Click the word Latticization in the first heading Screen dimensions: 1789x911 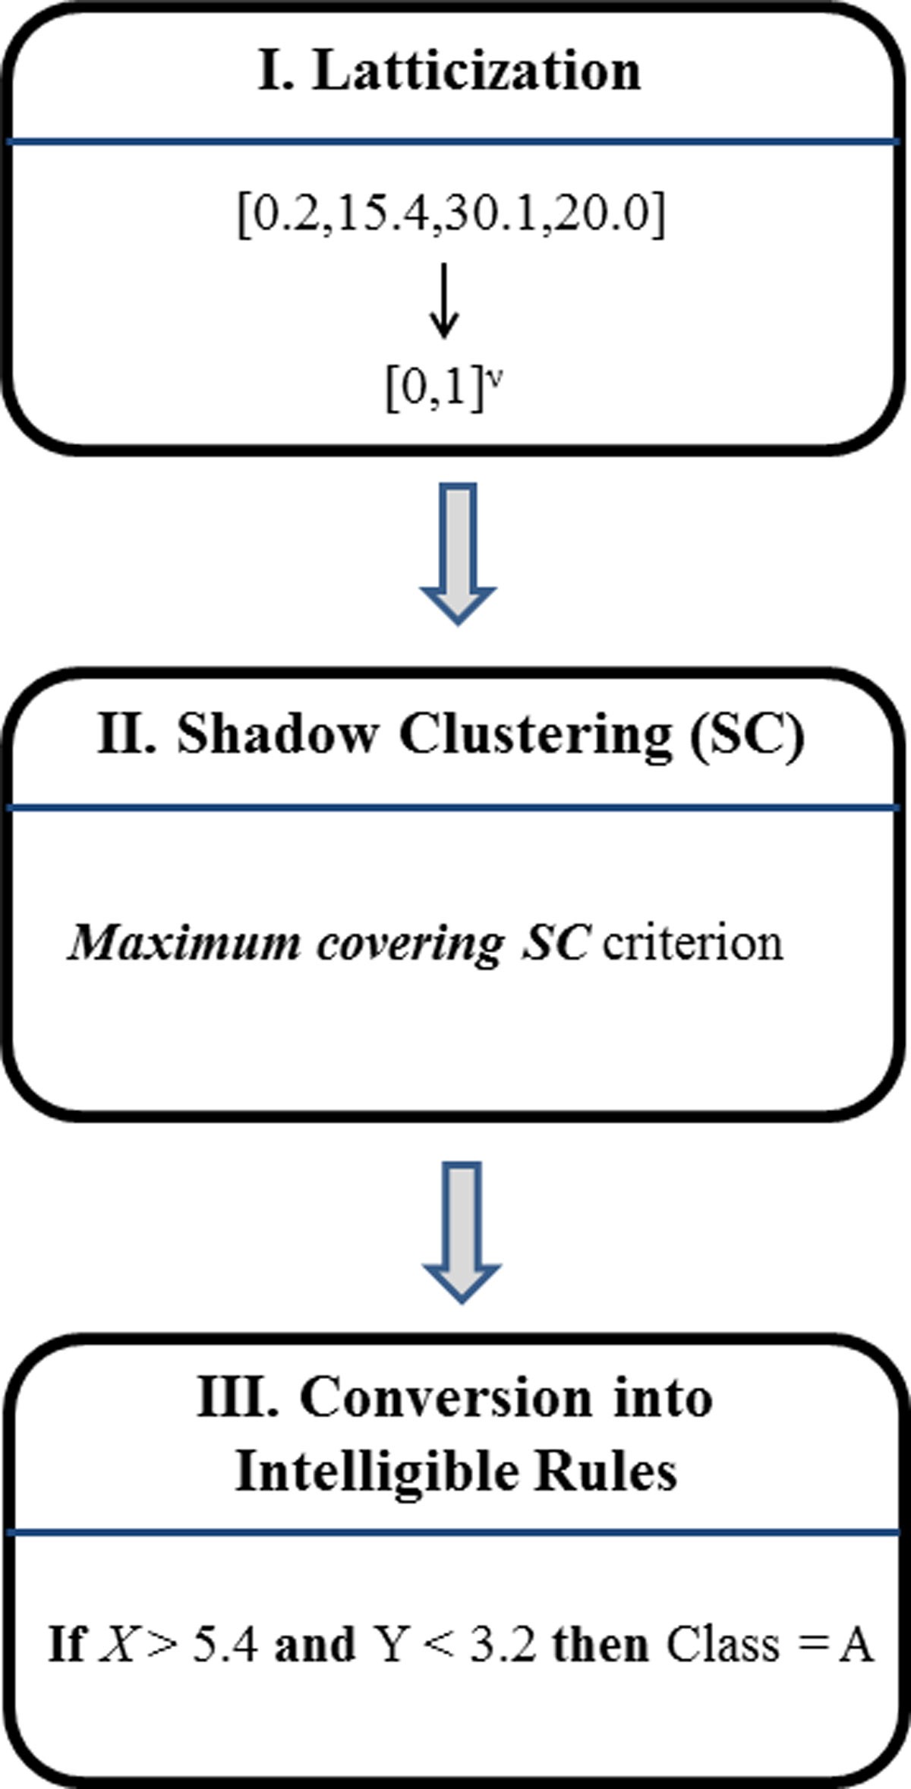click(x=477, y=71)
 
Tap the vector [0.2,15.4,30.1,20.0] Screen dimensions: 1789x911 click(x=451, y=216)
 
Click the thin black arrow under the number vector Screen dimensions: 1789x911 click(x=444, y=301)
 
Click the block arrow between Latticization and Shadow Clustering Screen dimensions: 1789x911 click(x=458, y=553)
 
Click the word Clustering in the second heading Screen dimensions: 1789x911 click(x=536, y=734)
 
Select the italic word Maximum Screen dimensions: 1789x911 click(x=184, y=942)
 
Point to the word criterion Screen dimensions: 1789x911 click(x=692, y=942)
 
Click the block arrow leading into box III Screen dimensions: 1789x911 click(x=461, y=1231)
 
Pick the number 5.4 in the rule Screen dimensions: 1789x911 click(x=225, y=1645)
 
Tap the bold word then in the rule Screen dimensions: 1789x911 click(x=600, y=1645)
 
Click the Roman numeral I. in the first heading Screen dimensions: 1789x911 click(x=276, y=71)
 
